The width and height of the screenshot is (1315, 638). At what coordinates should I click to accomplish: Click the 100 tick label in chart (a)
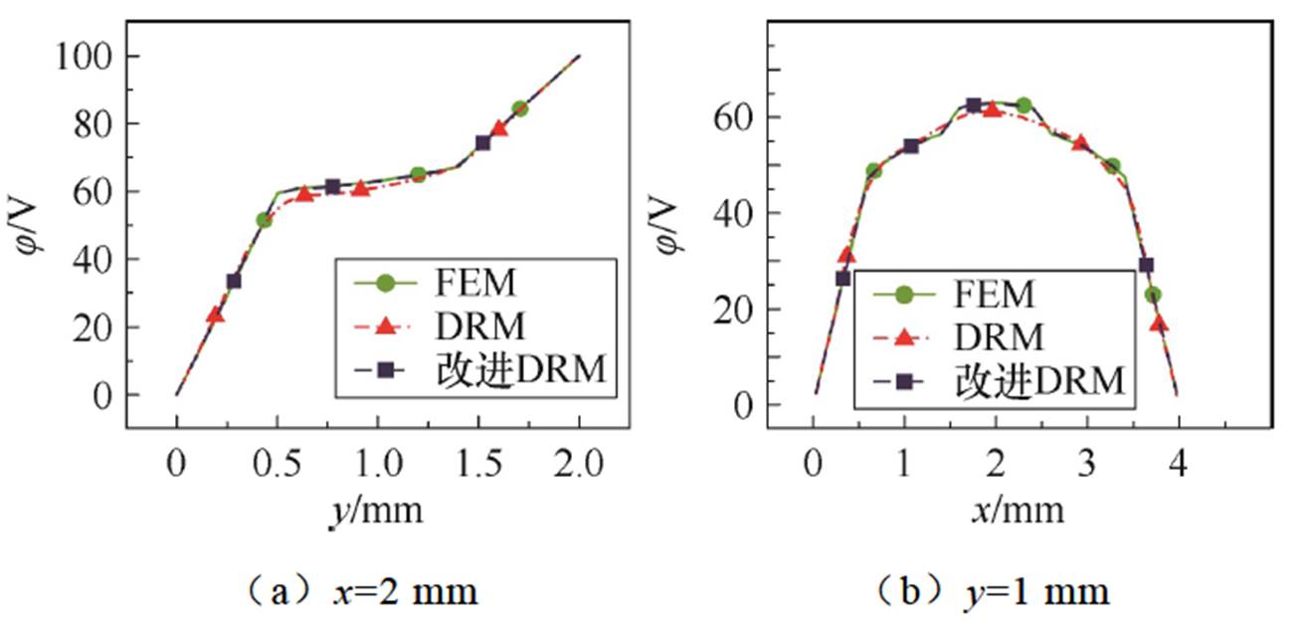[x=85, y=57]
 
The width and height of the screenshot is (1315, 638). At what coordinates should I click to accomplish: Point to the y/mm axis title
[x=377, y=511]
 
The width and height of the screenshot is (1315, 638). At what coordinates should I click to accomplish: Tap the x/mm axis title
[x=1018, y=511]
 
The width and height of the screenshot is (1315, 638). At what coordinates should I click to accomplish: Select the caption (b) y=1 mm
[x=995, y=592]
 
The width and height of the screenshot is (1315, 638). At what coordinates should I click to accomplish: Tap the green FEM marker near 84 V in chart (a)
[x=519, y=108]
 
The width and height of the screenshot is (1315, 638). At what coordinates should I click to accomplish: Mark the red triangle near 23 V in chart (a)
[x=215, y=316]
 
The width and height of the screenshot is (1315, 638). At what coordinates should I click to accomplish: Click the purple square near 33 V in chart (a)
[x=234, y=281]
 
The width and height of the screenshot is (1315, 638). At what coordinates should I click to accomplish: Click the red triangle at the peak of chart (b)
[x=992, y=109]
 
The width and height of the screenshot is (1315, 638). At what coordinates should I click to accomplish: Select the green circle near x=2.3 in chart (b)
[x=1023, y=106]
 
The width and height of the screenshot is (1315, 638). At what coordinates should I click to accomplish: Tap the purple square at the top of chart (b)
[x=973, y=105]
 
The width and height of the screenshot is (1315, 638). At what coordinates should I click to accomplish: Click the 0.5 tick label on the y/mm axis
[x=278, y=466]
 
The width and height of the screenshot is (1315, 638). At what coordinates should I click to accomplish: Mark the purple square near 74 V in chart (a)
[x=483, y=142]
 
